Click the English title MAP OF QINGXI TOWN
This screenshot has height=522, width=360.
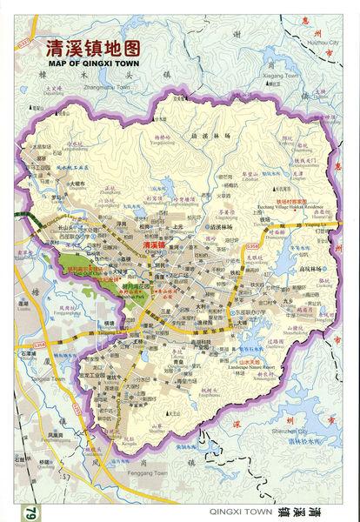(x=93, y=62)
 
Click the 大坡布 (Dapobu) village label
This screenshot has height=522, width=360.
(x=77, y=184)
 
